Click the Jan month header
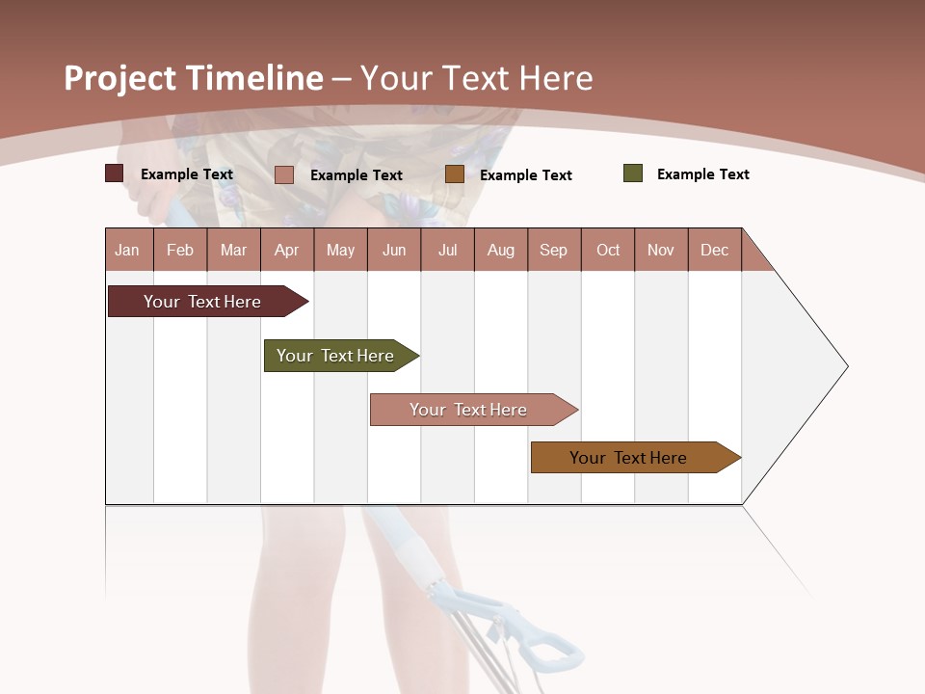pyautogui.click(x=128, y=250)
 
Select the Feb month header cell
pyautogui.click(x=180, y=250)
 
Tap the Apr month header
pyautogui.click(x=287, y=250)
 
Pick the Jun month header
pyautogui.click(x=394, y=250)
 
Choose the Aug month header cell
pyautogui.click(x=501, y=250)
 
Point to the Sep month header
pyautogui.click(x=554, y=250)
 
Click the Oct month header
pyautogui.click(x=608, y=250)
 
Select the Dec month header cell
pyautogui.click(x=715, y=250)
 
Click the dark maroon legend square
pyautogui.click(x=115, y=173)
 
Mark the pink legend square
pyautogui.click(x=284, y=174)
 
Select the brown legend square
pyautogui.click(x=455, y=174)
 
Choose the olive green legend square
pyautogui.click(x=633, y=173)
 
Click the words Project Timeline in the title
pyautogui.click(x=194, y=78)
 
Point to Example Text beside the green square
pyautogui.click(x=702, y=174)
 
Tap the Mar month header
pyautogui.click(x=233, y=250)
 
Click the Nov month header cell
pyautogui.click(x=661, y=250)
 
